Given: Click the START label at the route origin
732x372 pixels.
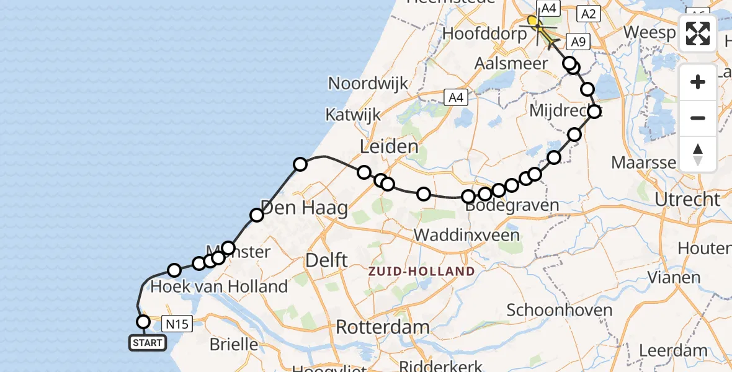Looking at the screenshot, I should [147, 342].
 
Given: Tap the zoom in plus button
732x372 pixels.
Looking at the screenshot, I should [698, 82].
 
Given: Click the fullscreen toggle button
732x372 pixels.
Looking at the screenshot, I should [698, 33].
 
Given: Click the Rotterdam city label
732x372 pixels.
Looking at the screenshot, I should [382, 327].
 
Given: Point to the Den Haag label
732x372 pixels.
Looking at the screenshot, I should [304, 208].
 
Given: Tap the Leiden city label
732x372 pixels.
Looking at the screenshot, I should [389, 147].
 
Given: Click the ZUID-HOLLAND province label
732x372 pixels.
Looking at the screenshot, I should [421, 271].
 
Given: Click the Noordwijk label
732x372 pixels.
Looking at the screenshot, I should [368, 84].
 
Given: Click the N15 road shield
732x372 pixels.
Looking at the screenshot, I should [177, 323].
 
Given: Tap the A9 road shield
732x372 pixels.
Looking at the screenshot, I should [578, 42].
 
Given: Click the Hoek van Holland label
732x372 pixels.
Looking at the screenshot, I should [219, 286].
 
